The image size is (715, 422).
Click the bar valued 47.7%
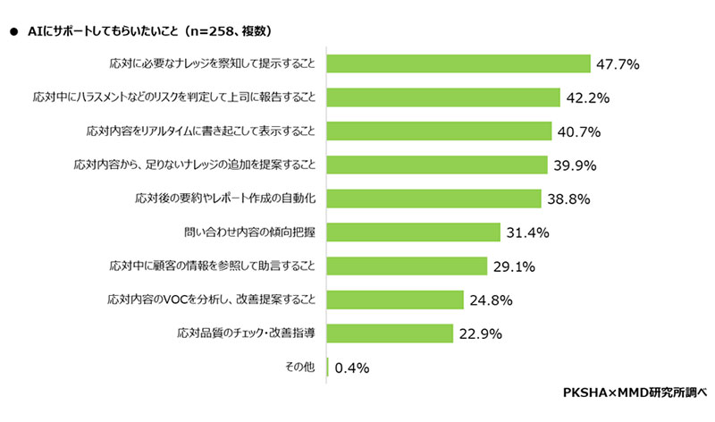click(x=458, y=63)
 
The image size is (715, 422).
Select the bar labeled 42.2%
click(x=443, y=97)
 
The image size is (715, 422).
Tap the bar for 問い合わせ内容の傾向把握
click(x=413, y=232)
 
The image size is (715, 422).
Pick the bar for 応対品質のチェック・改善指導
click(x=390, y=333)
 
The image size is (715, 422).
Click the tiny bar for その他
click(x=329, y=367)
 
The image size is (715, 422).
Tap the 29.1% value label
click(x=514, y=266)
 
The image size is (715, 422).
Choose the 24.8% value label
click(x=490, y=300)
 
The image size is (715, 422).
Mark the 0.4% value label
click(x=352, y=367)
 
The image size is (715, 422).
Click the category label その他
click(x=301, y=367)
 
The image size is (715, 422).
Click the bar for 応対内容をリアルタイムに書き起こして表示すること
click(x=439, y=131)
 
